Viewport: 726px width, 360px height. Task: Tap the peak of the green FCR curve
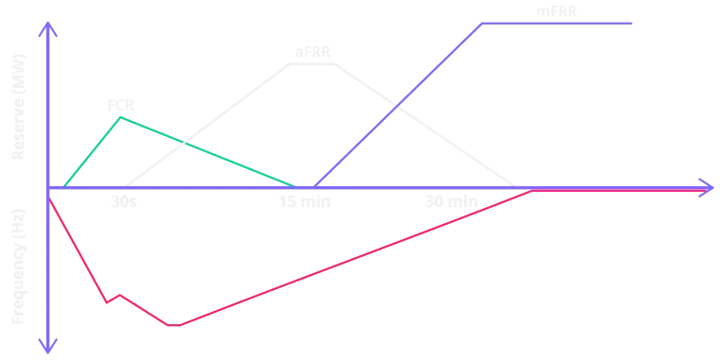[x=120, y=117]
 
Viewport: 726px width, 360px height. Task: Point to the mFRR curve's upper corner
[x=483, y=23]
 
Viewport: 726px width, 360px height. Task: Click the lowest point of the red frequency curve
[x=174, y=325]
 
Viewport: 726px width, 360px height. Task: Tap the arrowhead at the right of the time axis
[x=706, y=187]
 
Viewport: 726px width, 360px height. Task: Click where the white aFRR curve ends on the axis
[x=516, y=186]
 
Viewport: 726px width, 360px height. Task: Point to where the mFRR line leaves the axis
[x=315, y=186]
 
